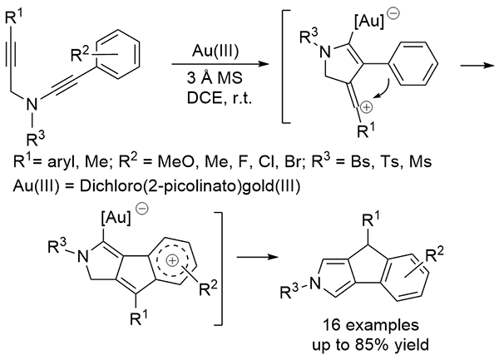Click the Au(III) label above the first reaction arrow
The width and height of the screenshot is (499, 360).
[x=217, y=48]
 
